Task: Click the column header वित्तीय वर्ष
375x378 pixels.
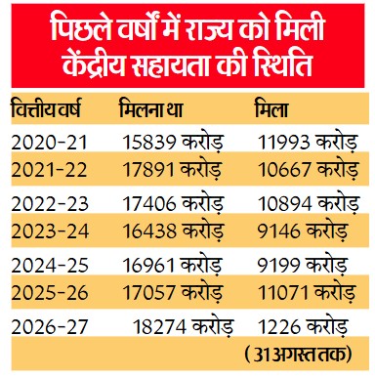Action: coord(46,108)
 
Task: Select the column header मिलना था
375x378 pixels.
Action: coord(151,108)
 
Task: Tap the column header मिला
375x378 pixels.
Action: coord(271,108)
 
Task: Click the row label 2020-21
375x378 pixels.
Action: coord(50,143)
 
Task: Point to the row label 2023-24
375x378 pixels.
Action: coord(50,231)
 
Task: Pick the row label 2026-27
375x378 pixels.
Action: coord(50,326)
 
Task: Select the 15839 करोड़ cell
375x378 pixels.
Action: coord(173,143)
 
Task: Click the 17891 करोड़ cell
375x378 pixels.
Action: coord(173,170)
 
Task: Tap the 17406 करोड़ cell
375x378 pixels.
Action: coord(173,203)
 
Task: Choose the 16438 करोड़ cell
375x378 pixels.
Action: coord(173,231)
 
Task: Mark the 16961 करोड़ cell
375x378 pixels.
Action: coord(173,265)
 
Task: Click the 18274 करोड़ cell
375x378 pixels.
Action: coord(184,326)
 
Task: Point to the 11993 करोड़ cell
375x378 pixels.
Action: coord(308,143)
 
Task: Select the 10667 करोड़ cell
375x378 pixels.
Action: coord(309,170)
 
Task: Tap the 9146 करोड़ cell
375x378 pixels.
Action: coord(303,231)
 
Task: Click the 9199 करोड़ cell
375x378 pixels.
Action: coord(303,265)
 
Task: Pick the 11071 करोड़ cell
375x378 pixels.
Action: coord(307,292)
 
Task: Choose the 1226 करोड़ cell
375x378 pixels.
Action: coord(303,326)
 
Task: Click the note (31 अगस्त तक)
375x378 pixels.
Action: coord(298,355)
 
